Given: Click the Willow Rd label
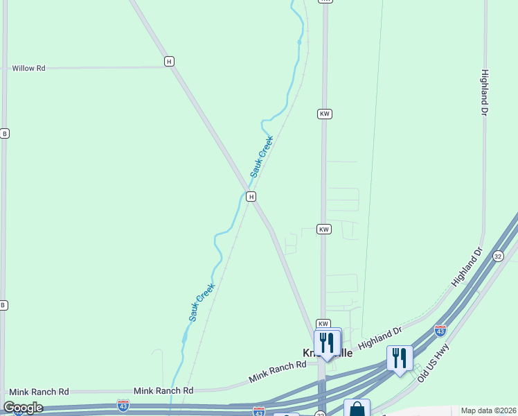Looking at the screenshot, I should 28,68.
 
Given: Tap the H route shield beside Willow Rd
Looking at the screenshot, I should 169,61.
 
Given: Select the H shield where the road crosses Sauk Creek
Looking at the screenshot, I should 251,197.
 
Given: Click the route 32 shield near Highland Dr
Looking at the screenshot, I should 498,256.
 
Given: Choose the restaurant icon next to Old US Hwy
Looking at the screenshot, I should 400,358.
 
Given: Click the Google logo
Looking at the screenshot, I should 23,408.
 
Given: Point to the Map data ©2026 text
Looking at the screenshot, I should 488,410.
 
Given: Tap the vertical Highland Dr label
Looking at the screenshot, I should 485,91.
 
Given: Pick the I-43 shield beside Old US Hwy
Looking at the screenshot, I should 440,330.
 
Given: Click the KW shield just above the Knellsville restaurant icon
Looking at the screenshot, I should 323,324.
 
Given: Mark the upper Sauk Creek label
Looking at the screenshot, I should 262,155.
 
